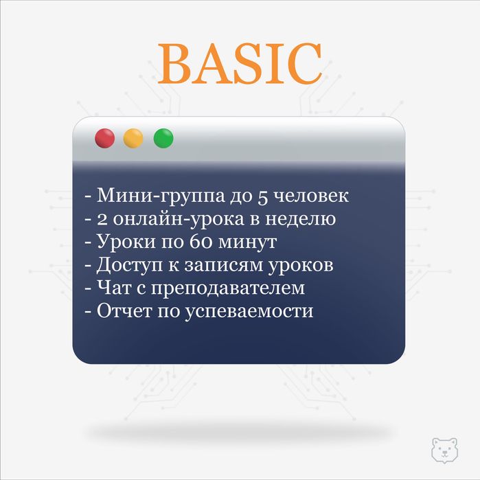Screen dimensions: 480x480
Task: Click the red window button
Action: [104, 138]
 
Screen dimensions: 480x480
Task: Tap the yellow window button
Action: [133, 138]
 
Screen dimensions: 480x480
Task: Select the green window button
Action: [163, 138]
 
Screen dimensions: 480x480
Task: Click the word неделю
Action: [299, 219]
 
